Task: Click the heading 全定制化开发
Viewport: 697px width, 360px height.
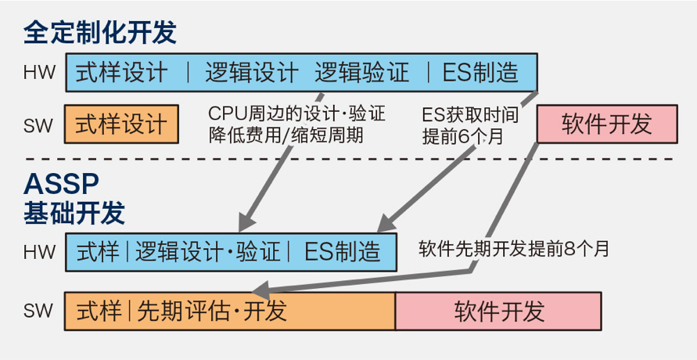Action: pos(100,32)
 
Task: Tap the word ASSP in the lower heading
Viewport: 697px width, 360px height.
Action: pos(61,184)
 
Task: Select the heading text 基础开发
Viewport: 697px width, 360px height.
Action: pos(74,213)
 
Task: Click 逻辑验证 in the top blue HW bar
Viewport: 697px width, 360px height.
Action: pos(362,73)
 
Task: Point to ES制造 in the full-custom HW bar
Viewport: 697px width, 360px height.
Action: pos(480,73)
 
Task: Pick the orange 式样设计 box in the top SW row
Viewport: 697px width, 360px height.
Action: pos(121,124)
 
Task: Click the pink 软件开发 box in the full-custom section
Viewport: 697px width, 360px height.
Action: pos(607,124)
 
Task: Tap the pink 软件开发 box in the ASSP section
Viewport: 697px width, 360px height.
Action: pos(498,311)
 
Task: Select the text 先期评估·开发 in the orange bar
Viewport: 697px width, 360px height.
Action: pos(212,311)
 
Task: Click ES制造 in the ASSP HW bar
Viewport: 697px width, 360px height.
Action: pos(343,251)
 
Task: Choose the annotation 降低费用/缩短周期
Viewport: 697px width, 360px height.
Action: pos(286,135)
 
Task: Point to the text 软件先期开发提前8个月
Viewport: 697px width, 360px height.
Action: pos(513,250)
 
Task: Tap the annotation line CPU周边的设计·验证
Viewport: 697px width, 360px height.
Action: pos(297,113)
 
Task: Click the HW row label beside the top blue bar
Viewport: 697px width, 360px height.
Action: pos(39,73)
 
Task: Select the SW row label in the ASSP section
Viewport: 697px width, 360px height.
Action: pos(38,311)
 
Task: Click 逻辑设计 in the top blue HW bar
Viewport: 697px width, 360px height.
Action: pos(252,73)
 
